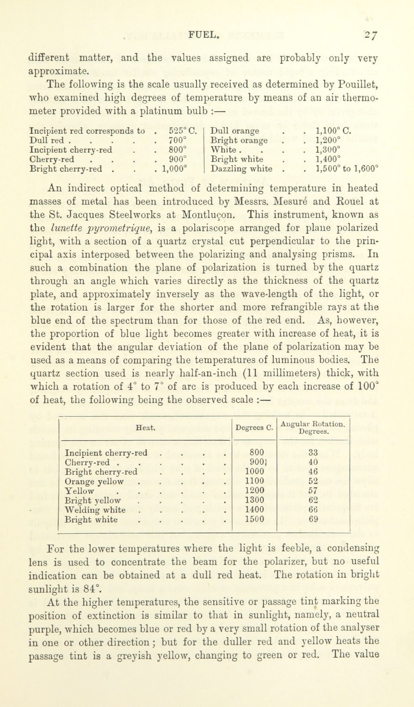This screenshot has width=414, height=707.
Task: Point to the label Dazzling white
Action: click(242, 168)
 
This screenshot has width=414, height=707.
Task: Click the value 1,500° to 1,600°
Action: click(347, 168)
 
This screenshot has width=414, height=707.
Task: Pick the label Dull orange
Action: click(235, 131)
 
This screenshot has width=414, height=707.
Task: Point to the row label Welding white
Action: click(95, 510)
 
